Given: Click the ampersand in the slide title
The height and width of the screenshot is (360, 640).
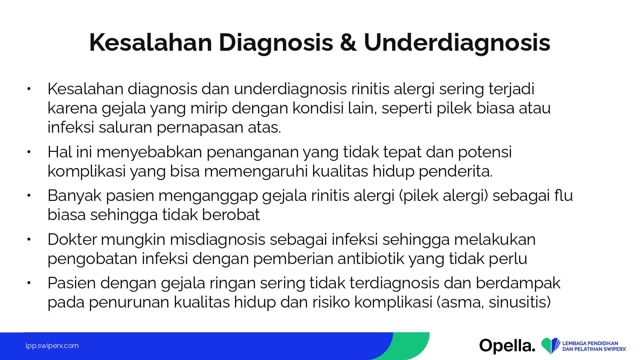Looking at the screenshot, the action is (348, 43).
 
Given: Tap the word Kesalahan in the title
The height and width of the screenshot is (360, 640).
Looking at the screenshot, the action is (151, 42).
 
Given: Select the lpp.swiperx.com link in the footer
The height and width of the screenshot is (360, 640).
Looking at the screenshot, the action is (52, 346).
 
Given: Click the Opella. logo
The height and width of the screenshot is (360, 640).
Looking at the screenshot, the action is (507, 346).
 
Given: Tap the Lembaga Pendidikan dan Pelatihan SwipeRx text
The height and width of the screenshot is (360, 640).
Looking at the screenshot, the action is (594, 346).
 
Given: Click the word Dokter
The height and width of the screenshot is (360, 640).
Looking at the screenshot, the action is (72, 239).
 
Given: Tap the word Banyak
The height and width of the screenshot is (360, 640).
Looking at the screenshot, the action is (75, 196).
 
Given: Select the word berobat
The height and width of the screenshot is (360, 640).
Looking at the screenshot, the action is (231, 215).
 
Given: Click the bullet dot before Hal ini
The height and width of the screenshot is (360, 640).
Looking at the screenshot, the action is (29, 152).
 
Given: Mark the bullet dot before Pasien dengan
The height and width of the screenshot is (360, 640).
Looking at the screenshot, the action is (29, 283).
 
